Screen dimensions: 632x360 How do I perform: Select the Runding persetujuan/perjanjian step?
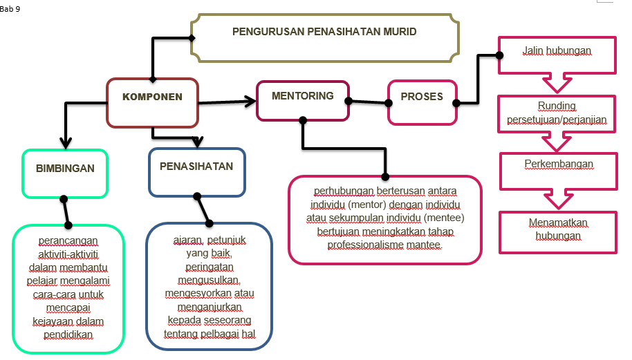pyautogui.click(x=557, y=113)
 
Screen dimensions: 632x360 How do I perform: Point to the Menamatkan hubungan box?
pyautogui.click(x=557, y=230)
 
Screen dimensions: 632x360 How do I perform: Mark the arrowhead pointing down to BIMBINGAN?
pyautogui.click(x=66, y=143)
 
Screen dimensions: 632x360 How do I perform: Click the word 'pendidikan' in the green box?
pyautogui.click(x=67, y=334)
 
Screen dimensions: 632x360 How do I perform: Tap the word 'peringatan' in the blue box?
pyautogui.click(x=210, y=266)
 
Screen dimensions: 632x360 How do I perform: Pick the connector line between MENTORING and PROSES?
pyautogui.click(x=368, y=102)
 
